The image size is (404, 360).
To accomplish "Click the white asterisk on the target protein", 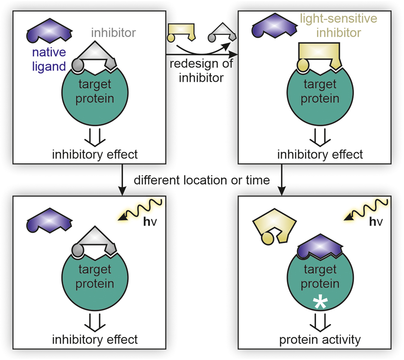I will coord(319,303).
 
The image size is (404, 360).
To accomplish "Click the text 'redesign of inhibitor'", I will coord(200,70).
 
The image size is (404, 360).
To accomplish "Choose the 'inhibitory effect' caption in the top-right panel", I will coord(319,155).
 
